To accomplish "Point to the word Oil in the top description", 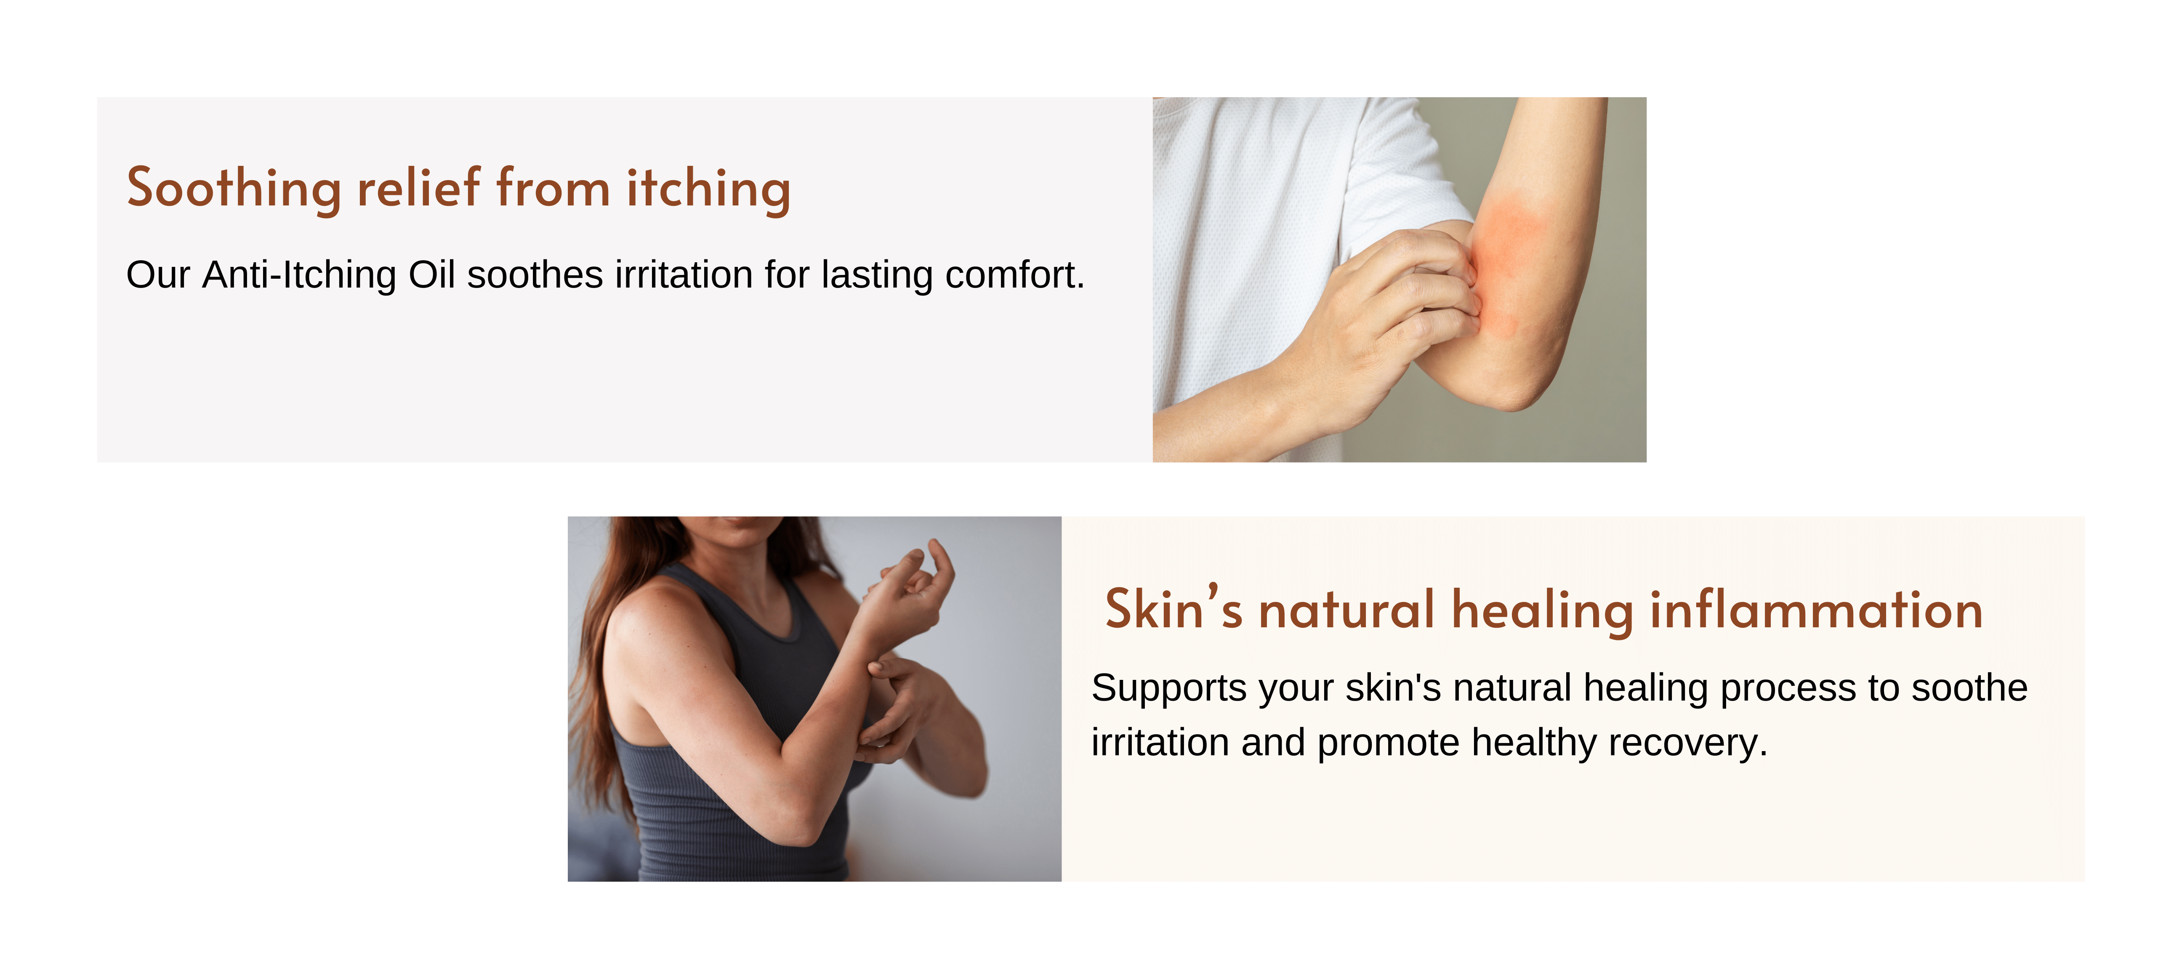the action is [x=432, y=274].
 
